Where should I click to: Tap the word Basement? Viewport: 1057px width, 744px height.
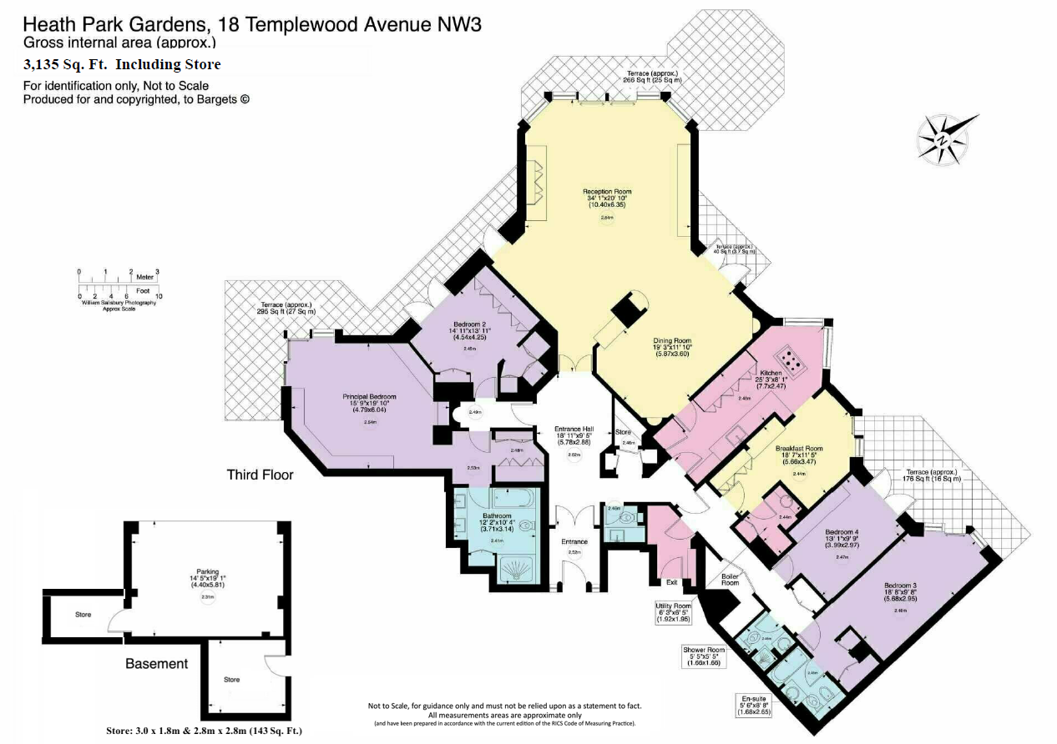pos(156,664)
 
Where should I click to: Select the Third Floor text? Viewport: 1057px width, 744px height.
pos(260,475)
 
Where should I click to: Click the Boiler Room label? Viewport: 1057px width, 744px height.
pos(730,578)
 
